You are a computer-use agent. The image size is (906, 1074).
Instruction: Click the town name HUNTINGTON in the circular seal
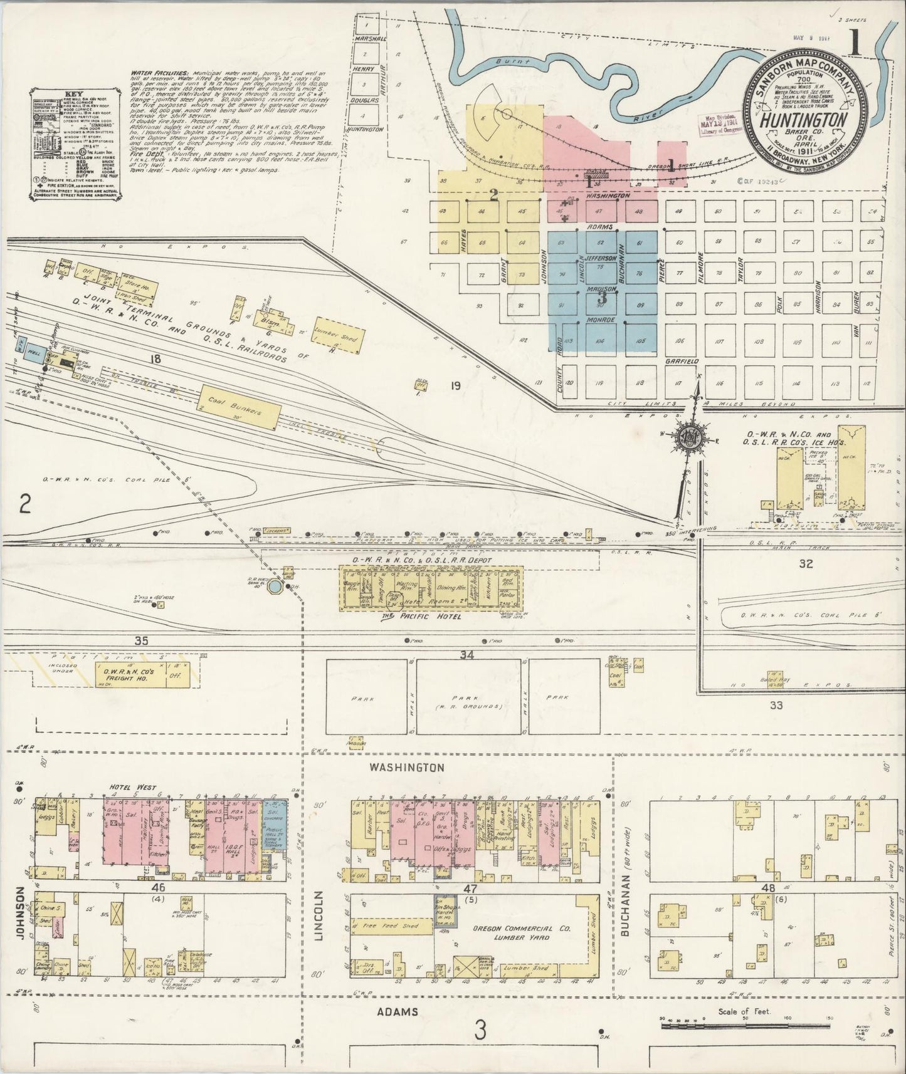pos(806,120)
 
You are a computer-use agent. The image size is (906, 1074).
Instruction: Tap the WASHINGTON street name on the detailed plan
pos(406,767)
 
